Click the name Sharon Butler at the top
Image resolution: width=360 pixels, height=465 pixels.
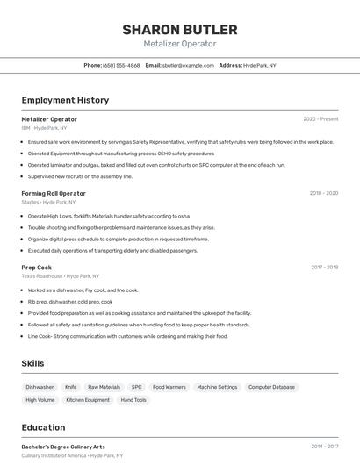180,29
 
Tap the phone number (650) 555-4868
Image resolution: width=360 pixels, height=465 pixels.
121,65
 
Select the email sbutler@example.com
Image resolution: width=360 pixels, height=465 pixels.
188,65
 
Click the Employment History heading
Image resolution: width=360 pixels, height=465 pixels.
65,100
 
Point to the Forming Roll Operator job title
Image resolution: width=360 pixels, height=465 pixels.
54,193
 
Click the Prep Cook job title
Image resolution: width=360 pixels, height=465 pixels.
37,268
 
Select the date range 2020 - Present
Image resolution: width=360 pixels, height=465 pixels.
320,119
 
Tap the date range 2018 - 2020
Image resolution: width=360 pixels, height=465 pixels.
323,193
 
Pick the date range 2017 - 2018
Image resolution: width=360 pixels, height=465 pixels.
324,268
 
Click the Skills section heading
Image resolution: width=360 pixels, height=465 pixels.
33,363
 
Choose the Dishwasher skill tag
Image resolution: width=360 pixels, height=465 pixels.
40,387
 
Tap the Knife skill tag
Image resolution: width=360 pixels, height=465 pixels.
71,387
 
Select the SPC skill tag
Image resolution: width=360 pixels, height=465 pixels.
136,387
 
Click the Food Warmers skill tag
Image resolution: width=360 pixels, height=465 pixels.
169,387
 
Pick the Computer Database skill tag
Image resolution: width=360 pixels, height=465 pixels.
271,387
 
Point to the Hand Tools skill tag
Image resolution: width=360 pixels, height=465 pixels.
133,400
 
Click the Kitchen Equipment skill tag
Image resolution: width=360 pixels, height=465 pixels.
88,400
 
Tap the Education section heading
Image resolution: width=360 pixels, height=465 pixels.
43,427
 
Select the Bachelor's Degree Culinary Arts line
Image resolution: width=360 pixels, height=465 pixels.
63,447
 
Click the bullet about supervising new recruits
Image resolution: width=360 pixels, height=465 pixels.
80,176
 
